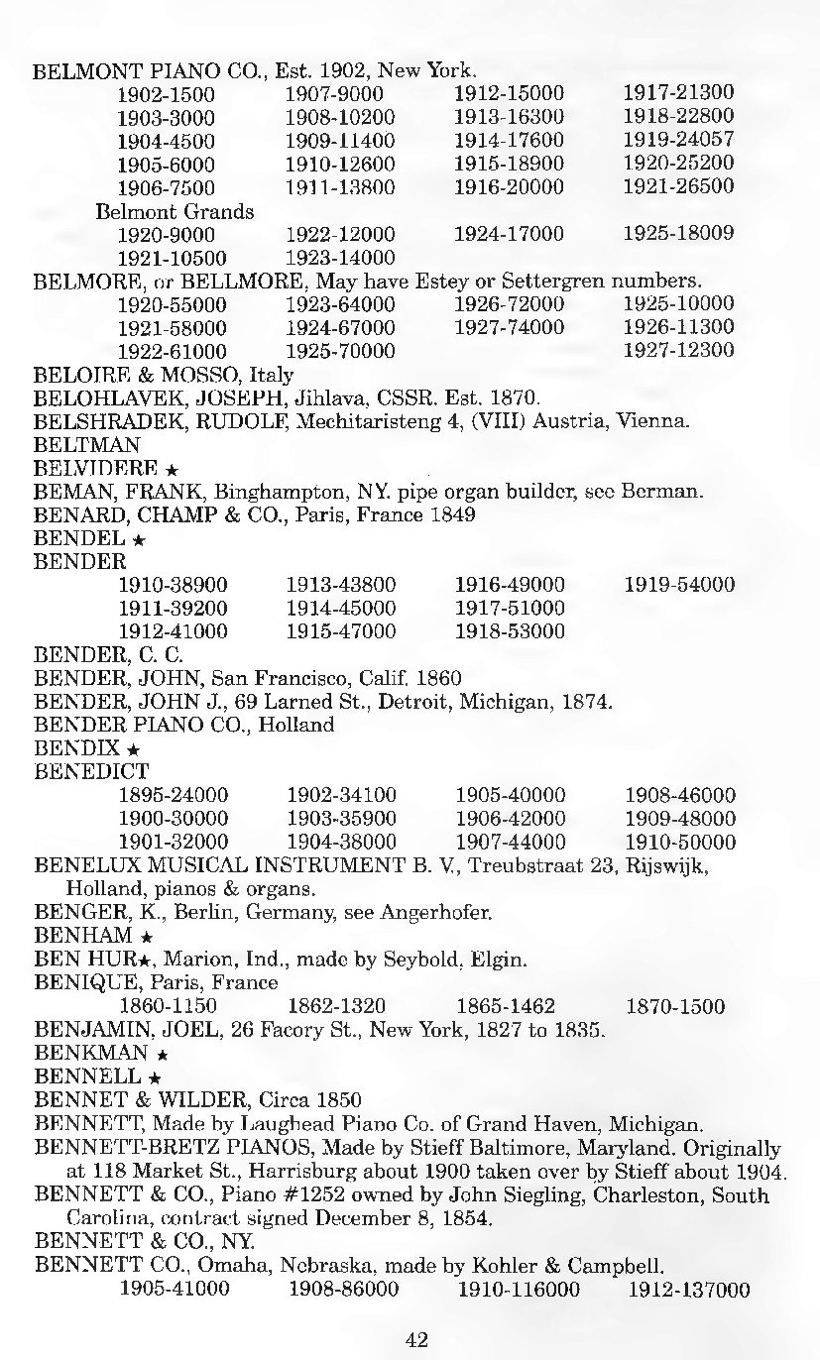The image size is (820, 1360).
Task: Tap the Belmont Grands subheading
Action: (x=175, y=211)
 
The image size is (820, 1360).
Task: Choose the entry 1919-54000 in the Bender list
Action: (x=679, y=585)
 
